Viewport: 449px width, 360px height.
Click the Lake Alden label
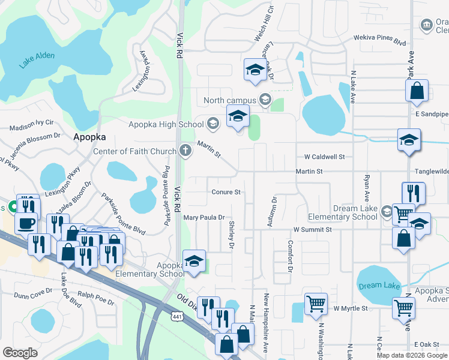(x=37, y=59)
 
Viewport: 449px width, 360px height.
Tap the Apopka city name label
(x=89, y=136)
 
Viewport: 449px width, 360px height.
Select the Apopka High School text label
(x=166, y=124)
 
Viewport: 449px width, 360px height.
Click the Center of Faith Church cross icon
(x=186, y=151)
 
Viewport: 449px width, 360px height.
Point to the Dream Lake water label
(x=379, y=286)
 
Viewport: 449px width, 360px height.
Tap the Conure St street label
(x=226, y=193)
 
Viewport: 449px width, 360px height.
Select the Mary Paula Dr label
(x=204, y=218)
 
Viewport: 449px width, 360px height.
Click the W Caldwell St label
(x=324, y=157)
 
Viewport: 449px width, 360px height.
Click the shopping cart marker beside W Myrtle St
(x=316, y=303)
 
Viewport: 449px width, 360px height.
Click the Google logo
(x=20, y=353)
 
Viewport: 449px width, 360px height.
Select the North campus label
(x=230, y=100)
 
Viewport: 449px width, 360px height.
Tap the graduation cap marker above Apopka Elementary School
(x=194, y=262)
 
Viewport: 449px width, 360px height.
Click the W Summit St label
(x=313, y=230)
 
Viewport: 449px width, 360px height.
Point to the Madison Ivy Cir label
(x=31, y=126)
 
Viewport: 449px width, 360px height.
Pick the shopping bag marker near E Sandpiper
(x=417, y=92)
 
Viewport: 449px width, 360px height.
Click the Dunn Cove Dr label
(x=33, y=295)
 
